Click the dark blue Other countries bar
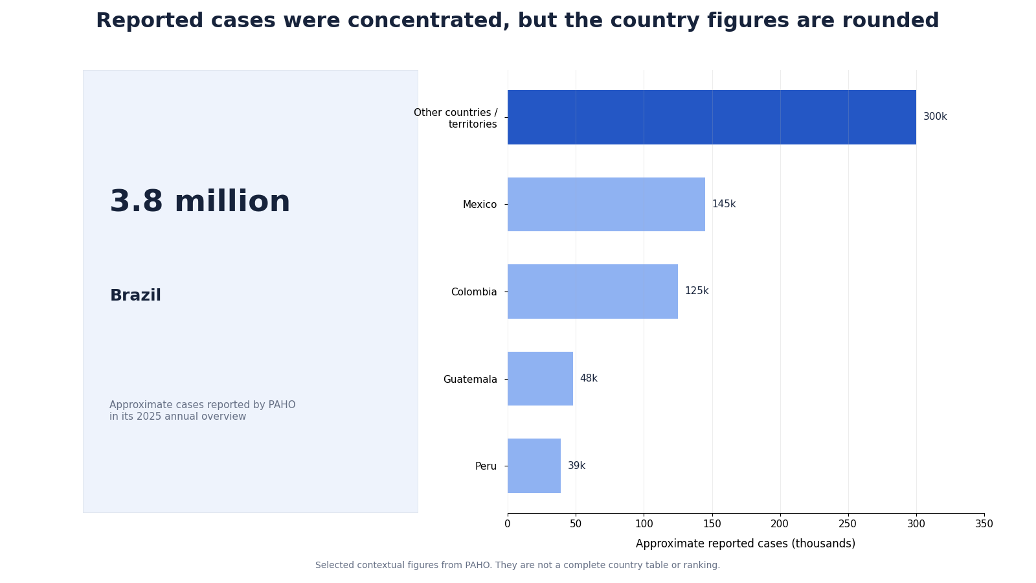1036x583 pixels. tap(712, 117)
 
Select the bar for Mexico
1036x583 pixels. tap(606, 205)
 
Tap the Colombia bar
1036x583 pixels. tap(593, 291)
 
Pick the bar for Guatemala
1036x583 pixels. tap(540, 379)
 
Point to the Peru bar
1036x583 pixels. tap(534, 466)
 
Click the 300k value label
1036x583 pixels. tap(935, 117)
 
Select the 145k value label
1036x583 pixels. tap(724, 204)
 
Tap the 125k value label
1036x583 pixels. tap(697, 291)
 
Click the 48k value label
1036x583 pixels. tap(589, 378)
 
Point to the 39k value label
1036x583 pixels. tap(577, 466)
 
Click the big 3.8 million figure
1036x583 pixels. tap(200, 201)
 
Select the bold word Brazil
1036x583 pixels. tap(135, 295)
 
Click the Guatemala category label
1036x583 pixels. tap(470, 380)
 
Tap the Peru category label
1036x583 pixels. tap(486, 466)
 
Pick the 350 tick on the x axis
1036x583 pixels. tap(984, 524)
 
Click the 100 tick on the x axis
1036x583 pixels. tap(644, 524)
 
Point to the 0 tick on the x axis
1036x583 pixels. tap(508, 524)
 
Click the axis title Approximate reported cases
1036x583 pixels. tap(745, 543)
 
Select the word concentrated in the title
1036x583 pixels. tap(429, 21)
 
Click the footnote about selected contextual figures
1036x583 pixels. tap(517, 565)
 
